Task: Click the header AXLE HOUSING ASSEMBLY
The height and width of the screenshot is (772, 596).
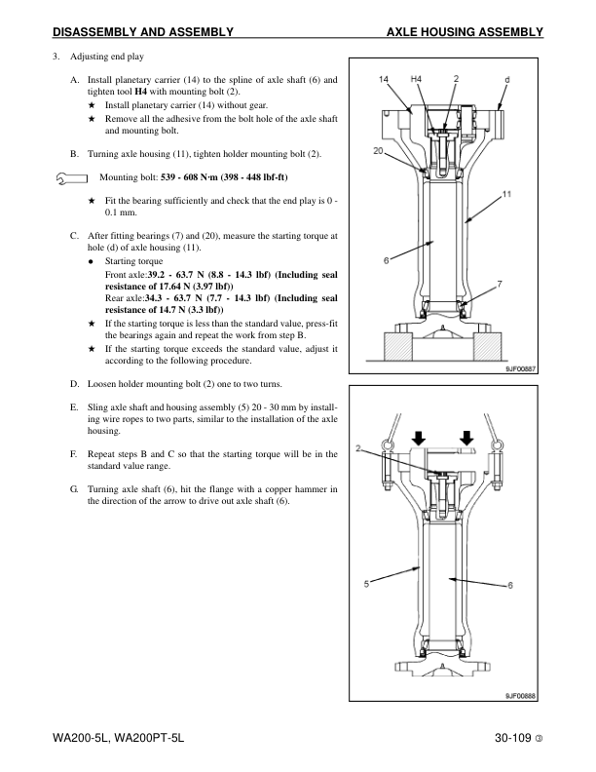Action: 465,32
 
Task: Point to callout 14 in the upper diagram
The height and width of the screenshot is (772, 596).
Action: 384,78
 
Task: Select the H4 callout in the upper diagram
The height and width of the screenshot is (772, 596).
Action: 416,78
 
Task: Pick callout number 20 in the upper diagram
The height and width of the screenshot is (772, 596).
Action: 377,151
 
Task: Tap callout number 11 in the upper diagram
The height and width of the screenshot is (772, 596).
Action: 507,195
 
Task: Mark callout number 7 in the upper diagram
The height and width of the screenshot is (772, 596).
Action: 499,283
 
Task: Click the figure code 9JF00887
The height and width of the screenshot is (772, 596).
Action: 521,369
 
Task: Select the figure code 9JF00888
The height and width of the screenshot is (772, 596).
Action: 521,694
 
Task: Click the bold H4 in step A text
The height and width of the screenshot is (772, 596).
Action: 140,91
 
